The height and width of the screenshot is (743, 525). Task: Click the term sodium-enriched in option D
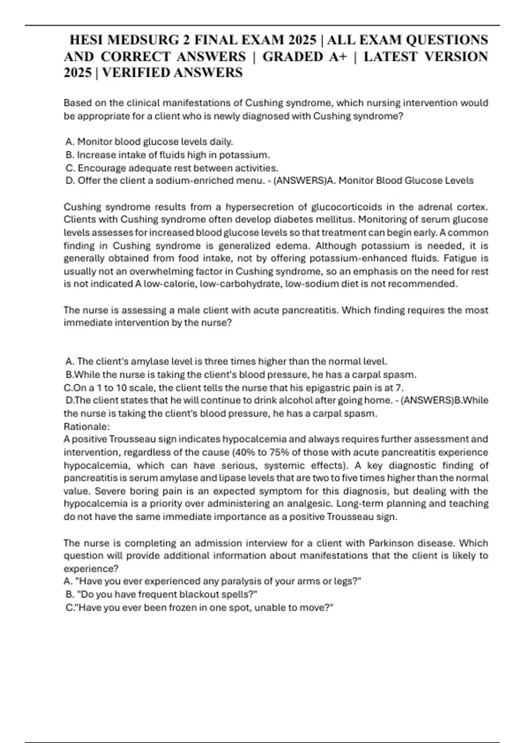184,181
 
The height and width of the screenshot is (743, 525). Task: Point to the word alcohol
290,400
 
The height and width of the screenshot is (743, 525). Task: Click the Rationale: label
87,426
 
